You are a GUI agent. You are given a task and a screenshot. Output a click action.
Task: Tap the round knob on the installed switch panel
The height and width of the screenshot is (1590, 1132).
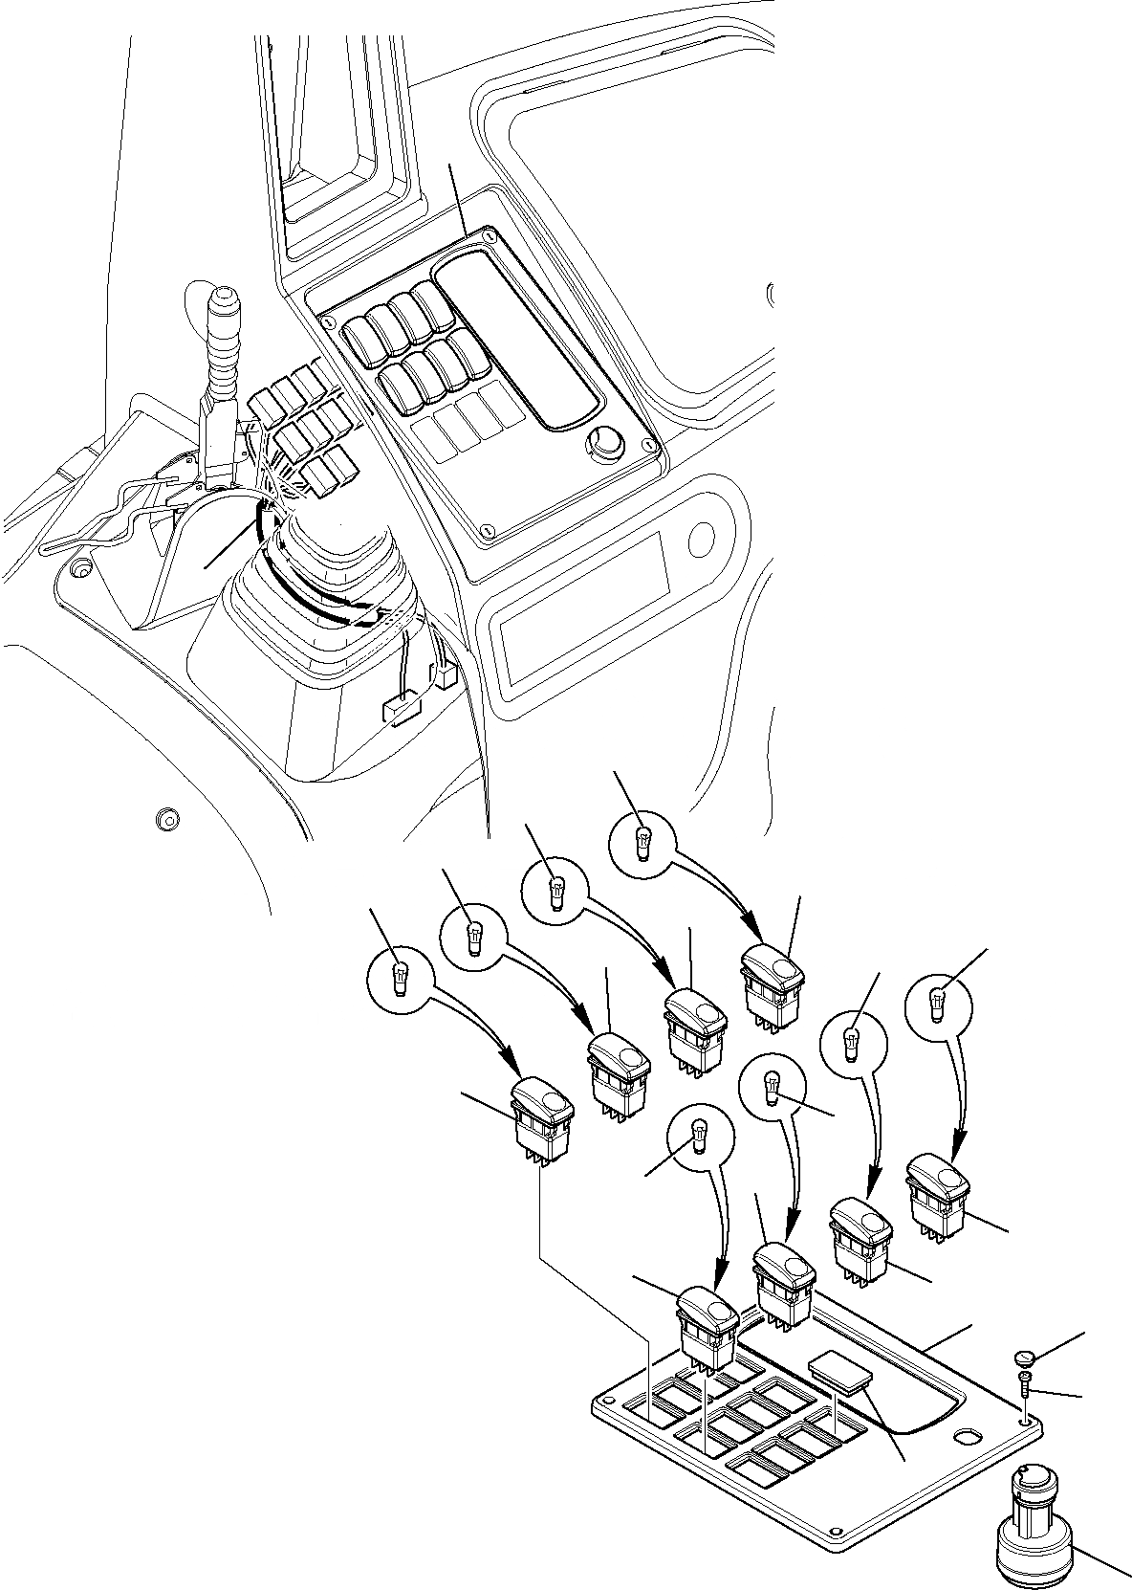pyautogui.click(x=604, y=442)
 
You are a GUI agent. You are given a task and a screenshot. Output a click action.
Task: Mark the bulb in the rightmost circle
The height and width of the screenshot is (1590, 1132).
pyautogui.click(x=938, y=1004)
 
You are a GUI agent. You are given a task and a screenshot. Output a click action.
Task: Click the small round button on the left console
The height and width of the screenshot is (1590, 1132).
pyautogui.click(x=167, y=819)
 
